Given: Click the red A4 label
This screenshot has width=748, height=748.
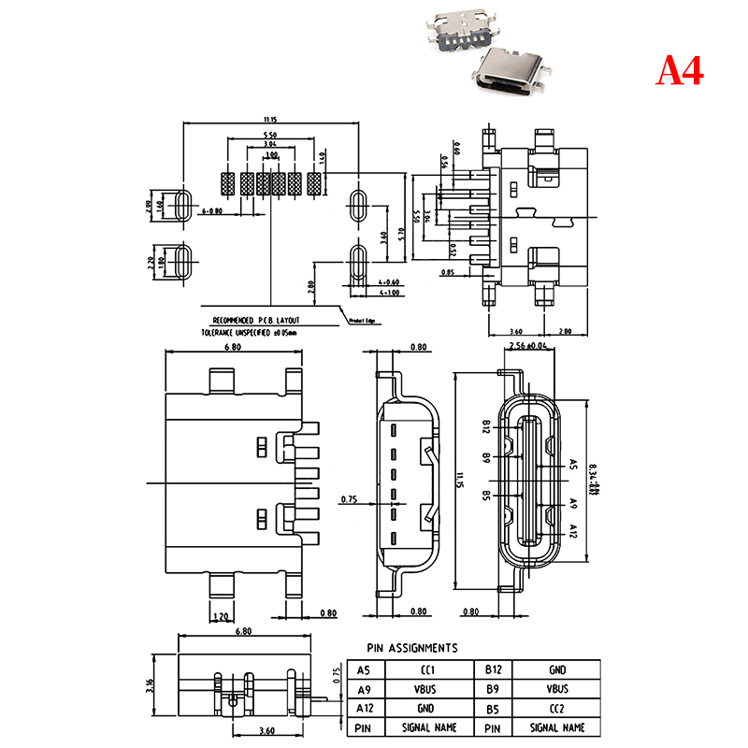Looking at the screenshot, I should tap(679, 70).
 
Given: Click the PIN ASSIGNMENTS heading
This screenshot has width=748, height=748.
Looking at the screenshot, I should tap(412, 647).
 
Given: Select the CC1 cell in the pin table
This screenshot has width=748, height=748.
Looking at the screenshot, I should tap(427, 670).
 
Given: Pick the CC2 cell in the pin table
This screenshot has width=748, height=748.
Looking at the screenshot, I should tap(556, 708).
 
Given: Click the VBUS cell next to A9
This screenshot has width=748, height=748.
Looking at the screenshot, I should tap(427, 689).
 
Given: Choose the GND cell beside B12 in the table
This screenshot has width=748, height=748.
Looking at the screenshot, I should tap(556, 670).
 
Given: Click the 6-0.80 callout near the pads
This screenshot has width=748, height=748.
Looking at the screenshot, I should tap(212, 212).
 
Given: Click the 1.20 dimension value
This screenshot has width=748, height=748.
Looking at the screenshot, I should tap(222, 616).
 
